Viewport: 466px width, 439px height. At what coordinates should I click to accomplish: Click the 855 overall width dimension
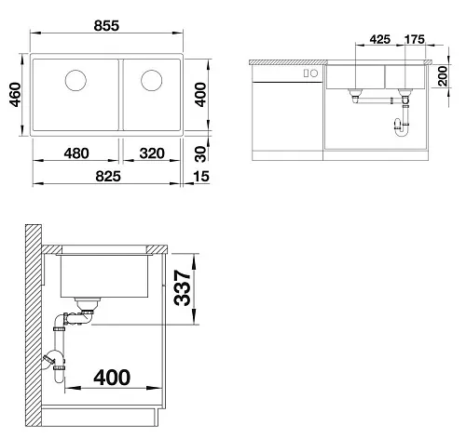click(x=106, y=26)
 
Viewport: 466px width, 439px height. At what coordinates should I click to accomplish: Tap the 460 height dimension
click(x=15, y=95)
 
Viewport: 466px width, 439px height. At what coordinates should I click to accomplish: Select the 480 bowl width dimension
click(x=76, y=153)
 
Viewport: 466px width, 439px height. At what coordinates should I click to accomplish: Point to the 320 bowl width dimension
click(x=152, y=153)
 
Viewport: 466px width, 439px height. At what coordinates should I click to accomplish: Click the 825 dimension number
click(x=108, y=177)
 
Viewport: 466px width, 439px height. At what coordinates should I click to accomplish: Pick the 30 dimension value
click(x=200, y=154)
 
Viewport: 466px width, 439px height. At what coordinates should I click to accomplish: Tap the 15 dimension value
click(x=201, y=177)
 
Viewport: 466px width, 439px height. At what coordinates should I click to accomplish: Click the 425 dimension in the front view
click(x=380, y=39)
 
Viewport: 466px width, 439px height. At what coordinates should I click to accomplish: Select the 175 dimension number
click(x=415, y=39)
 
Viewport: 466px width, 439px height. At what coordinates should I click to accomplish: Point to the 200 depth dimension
click(x=442, y=76)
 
